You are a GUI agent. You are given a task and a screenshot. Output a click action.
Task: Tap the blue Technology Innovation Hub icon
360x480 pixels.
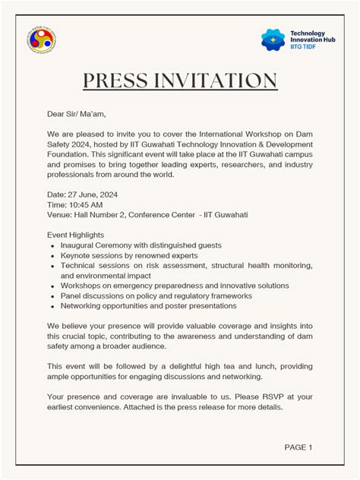pos(272,39)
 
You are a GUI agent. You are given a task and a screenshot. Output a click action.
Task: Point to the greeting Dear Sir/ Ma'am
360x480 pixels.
pos(74,115)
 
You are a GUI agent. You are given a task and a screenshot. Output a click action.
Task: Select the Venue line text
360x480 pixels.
pos(147,215)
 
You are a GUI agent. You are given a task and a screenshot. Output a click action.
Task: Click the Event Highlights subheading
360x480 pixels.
pos(76,235)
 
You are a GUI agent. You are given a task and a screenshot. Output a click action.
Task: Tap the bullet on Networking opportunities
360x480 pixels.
pos(148,305)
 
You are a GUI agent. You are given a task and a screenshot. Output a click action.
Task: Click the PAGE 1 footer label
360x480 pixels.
pos(298,447)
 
